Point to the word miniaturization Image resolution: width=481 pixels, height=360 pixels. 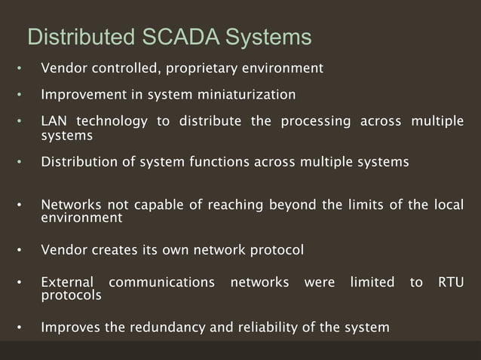click(x=245, y=95)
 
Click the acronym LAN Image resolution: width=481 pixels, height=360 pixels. click(x=54, y=121)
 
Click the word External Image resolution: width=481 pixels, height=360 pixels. click(x=67, y=282)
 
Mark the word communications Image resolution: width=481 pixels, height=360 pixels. click(x=161, y=282)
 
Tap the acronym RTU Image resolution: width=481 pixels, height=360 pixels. click(x=450, y=282)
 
